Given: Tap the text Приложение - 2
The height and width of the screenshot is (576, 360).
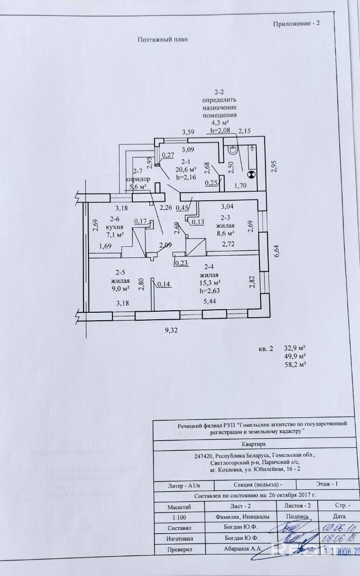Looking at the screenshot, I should tap(295, 23).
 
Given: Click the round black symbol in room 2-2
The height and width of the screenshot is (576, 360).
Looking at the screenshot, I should tap(251, 174).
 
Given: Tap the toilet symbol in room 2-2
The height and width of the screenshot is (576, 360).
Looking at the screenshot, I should tap(233, 150).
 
